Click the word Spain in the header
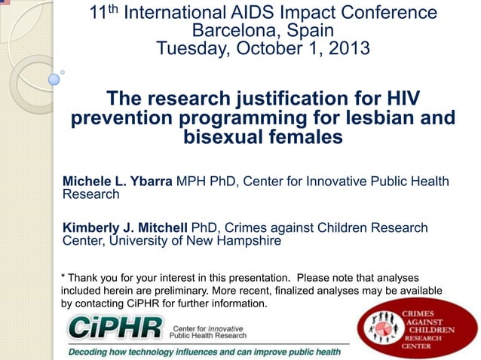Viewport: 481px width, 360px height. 308,31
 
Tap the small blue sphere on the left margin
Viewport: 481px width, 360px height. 54,78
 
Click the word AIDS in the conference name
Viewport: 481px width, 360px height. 265,13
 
